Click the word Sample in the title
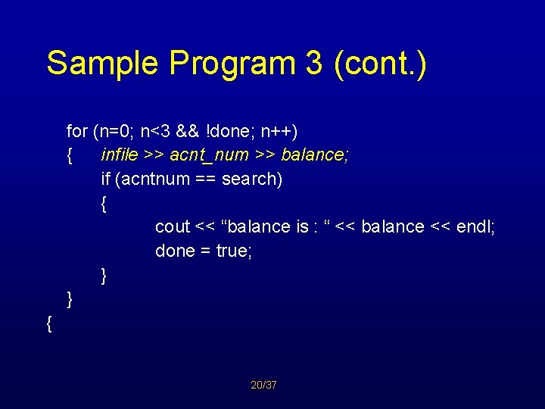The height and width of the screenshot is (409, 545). (x=104, y=64)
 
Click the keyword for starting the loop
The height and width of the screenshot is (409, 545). (x=77, y=131)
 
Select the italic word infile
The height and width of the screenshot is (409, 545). (x=119, y=155)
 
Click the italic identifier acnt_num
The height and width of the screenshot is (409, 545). (x=209, y=155)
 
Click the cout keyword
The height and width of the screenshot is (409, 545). (x=173, y=226)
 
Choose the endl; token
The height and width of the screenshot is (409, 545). (x=477, y=226)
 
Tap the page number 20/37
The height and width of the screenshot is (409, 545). (x=263, y=386)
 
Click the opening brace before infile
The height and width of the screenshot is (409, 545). (x=70, y=156)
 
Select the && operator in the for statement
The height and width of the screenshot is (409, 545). (x=187, y=131)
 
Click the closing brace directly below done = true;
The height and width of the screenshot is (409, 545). (x=104, y=276)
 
